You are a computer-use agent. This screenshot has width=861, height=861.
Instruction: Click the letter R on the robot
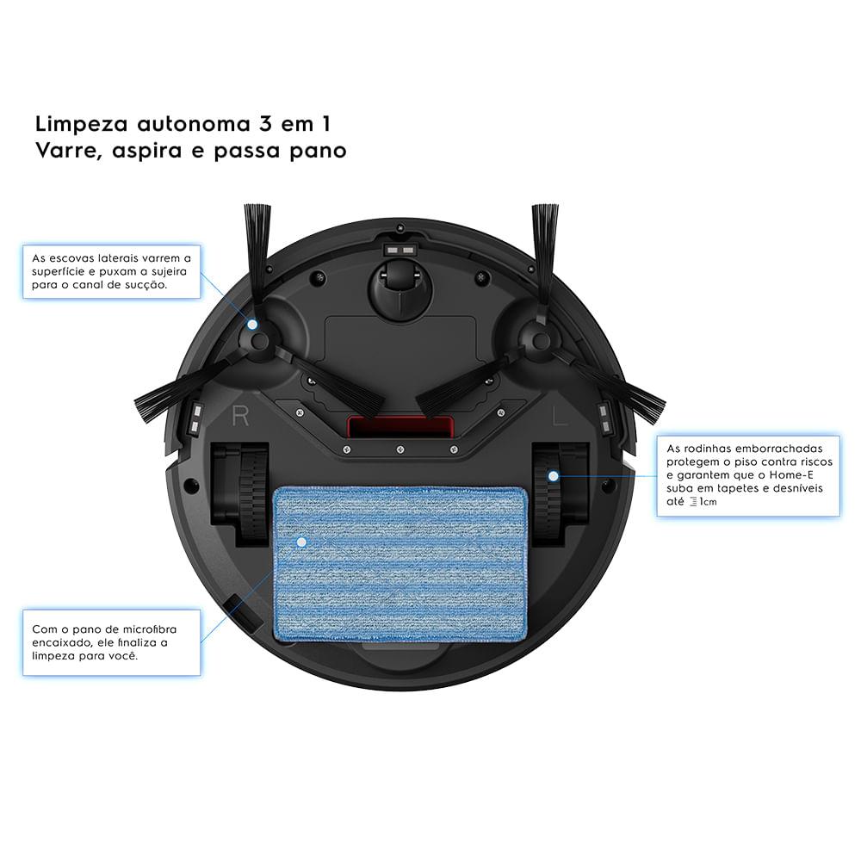tap(240, 417)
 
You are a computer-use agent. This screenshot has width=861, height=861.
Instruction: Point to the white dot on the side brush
tap(252, 325)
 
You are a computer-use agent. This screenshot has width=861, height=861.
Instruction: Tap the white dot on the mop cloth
tap(300, 542)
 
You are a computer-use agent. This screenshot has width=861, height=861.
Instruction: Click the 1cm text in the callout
tap(707, 501)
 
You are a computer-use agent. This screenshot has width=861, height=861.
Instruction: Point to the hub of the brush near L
tap(541, 340)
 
